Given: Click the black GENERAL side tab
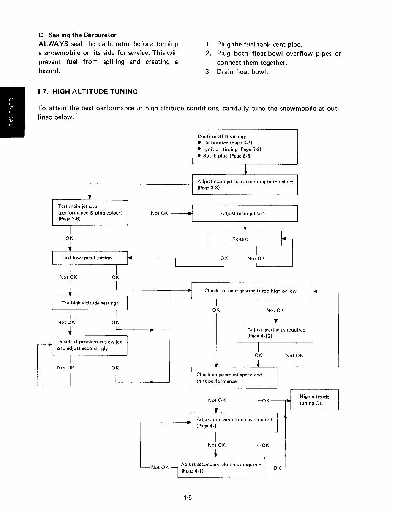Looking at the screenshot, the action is point(12,112).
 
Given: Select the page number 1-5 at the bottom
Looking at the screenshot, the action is point(188,497).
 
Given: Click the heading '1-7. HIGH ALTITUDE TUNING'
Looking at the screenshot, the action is point(87,92).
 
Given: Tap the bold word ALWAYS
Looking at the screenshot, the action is point(53,44).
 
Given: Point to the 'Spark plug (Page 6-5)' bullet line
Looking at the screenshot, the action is point(225,156).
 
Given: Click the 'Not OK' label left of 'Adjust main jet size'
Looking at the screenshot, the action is point(160,213).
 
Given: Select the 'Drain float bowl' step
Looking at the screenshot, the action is point(237,72).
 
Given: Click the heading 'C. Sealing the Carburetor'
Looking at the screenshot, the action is point(77,35).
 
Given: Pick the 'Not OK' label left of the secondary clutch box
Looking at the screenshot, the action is point(160,467).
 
